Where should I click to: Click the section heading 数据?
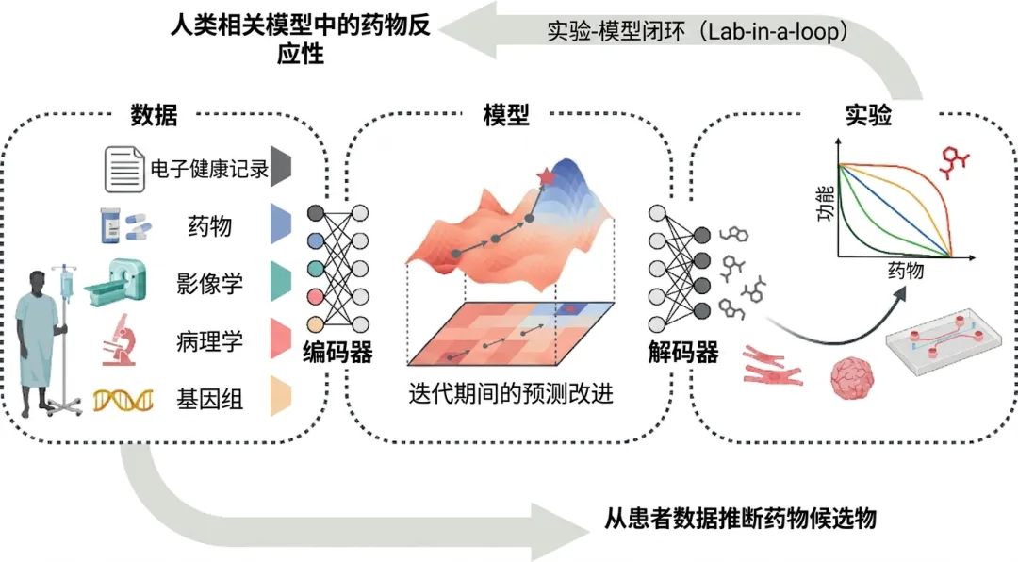click(154, 116)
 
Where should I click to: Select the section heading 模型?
click(506, 116)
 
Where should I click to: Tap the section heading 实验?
click(867, 116)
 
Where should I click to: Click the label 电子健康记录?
click(209, 170)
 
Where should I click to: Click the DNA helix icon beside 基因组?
click(123, 400)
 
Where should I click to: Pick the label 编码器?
click(337, 354)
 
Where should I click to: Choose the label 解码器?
click(683, 354)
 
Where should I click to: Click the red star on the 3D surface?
click(545, 175)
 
